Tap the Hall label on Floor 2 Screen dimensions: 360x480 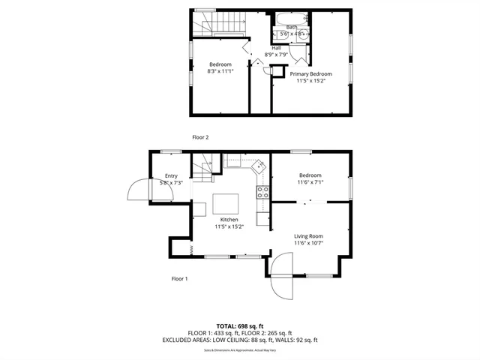276,48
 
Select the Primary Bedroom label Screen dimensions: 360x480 310,74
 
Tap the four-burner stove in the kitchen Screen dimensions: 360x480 263,192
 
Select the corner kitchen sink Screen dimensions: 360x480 258,165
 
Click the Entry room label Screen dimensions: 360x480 171,175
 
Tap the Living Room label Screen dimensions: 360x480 308,236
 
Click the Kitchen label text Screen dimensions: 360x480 229,220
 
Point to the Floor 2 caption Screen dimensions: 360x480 200,137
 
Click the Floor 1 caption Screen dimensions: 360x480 179,278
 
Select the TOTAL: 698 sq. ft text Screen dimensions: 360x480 239,326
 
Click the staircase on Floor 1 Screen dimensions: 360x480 205,165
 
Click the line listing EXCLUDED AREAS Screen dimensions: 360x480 239,340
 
